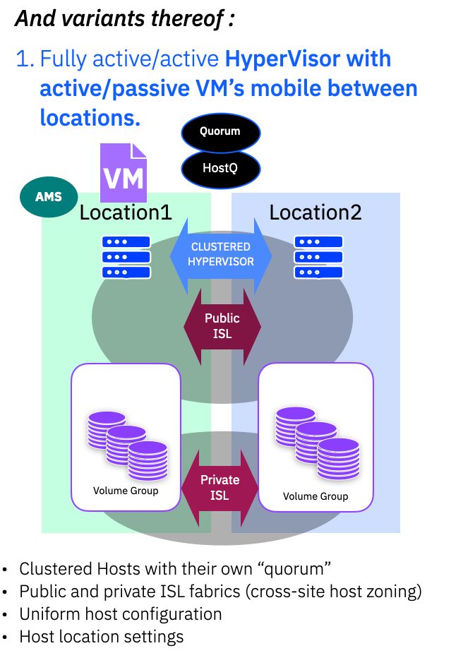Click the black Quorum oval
point(220,131)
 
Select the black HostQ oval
point(220,168)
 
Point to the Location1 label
point(126,212)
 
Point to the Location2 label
point(315,212)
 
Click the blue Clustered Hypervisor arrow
point(220,254)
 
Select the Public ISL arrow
point(222,325)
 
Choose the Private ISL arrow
point(220,487)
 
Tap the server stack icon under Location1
point(126,256)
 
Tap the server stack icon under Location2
point(318,256)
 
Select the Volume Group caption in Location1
point(126,491)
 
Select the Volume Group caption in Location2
point(315,496)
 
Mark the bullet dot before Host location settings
point(6,637)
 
